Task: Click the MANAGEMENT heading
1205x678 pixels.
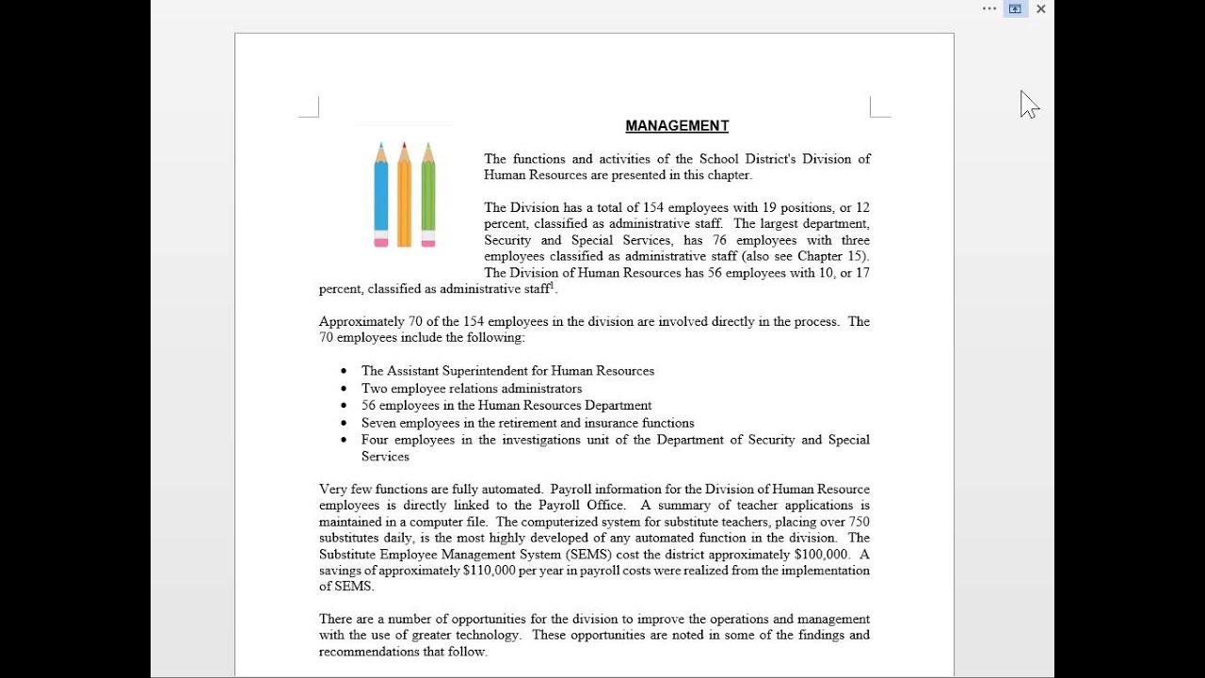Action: click(x=677, y=126)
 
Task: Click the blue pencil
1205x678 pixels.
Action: click(x=381, y=194)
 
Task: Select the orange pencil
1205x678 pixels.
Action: click(x=405, y=194)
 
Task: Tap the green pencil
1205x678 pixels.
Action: click(x=428, y=194)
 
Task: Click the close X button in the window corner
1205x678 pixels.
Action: click(x=1041, y=9)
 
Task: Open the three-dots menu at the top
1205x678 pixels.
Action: click(x=989, y=8)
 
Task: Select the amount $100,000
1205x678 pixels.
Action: click(x=821, y=555)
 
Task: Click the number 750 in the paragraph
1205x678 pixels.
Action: click(x=859, y=522)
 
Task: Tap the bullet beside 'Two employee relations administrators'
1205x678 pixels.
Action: click(x=344, y=389)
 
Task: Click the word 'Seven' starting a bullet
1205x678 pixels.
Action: click(x=378, y=423)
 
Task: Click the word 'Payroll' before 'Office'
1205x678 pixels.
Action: click(x=561, y=506)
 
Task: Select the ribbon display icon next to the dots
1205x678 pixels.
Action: click(x=1015, y=9)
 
